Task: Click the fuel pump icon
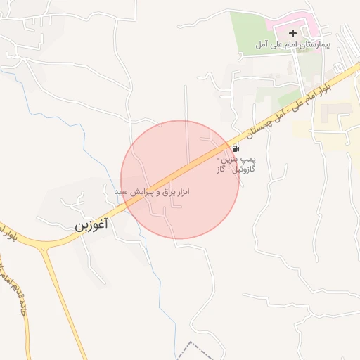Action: (234, 148)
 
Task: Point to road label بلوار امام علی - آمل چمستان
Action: (295, 105)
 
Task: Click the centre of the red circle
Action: (179, 179)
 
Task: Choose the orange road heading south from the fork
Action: (67, 302)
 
